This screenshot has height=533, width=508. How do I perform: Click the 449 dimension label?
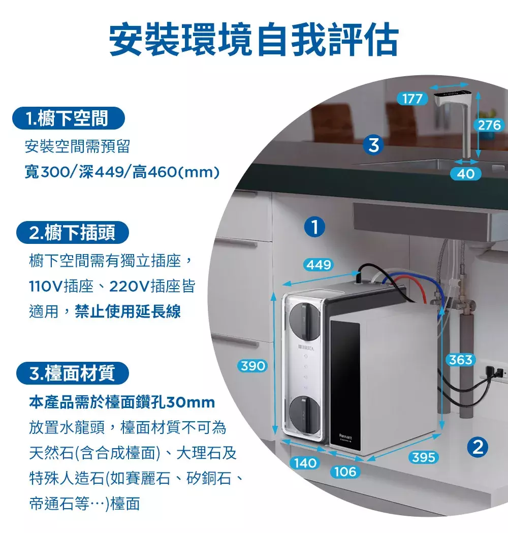click(319, 264)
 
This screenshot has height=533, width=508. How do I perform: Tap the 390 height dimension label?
click(252, 366)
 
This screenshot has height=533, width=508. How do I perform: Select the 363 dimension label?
click(461, 360)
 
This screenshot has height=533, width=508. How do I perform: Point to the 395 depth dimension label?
click(423, 457)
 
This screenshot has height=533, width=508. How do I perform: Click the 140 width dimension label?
click(305, 463)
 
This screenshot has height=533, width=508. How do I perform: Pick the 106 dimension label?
click(345, 472)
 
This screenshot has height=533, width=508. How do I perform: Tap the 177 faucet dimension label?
click(412, 99)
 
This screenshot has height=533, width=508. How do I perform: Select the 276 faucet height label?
click(489, 125)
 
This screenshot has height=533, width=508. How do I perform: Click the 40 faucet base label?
click(465, 174)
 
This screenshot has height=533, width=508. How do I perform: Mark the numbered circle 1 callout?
click(314, 227)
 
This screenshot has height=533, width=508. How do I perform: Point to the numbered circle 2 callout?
click(478, 447)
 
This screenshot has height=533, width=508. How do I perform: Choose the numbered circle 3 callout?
click(373, 145)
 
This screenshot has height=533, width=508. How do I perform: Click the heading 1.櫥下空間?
click(68, 118)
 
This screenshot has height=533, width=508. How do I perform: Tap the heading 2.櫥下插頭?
click(72, 233)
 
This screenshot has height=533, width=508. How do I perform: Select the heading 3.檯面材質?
click(72, 373)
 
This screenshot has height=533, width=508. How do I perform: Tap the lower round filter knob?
click(304, 415)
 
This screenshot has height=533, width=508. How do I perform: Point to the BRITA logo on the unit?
click(306, 349)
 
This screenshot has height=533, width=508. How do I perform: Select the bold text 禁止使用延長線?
click(128, 311)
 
